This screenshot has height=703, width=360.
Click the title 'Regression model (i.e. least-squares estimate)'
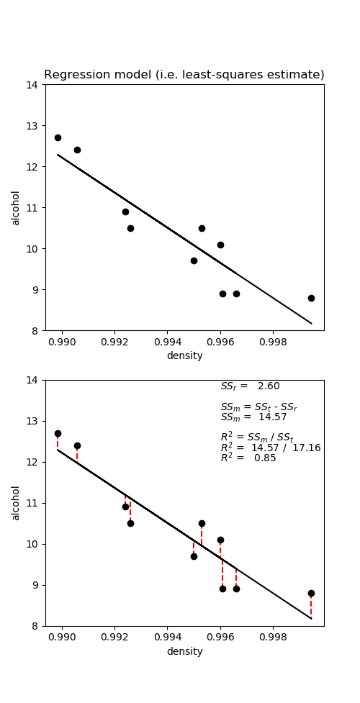tap(184, 75)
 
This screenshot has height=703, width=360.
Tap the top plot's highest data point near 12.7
tap(58, 137)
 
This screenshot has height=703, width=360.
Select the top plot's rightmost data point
tap(311, 298)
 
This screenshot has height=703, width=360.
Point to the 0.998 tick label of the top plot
tap(273, 343)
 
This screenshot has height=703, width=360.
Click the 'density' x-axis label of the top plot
tap(184, 355)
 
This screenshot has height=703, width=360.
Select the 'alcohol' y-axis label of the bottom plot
tap(16, 503)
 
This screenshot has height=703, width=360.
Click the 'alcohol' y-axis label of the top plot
tap(16, 207)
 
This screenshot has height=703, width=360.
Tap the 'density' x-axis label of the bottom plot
tap(184, 651)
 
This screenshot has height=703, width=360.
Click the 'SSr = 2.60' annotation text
tap(250, 386)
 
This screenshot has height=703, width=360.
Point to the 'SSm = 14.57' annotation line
tap(253, 417)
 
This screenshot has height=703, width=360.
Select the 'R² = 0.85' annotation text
tap(248, 458)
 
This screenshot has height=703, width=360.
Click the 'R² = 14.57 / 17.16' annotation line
tap(270, 448)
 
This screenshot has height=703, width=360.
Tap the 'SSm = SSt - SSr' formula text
tap(258, 407)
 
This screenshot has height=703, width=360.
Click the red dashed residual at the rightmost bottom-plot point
tap(311, 607)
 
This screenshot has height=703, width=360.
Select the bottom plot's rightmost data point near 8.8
tap(311, 594)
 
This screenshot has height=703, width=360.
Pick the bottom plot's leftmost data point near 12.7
tap(58, 433)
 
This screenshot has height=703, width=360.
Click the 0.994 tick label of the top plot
tap(168, 343)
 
